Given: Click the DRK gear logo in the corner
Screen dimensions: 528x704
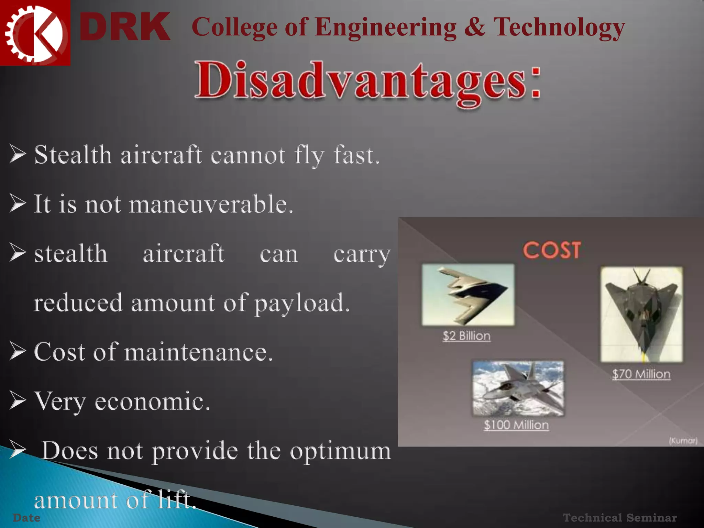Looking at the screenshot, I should (34, 33).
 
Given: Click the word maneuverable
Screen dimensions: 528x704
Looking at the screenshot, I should (211, 204).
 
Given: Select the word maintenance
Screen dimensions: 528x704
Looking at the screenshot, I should (199, 352).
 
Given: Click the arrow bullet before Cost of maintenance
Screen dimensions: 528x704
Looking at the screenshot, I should (18, 352).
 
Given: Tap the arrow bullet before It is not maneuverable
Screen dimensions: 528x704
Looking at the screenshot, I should (18, 203).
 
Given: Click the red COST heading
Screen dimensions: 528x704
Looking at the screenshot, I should (552, 250).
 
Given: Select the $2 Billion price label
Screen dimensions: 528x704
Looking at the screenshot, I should (466, 336).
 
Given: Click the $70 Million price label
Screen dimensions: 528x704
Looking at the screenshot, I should (641, 374).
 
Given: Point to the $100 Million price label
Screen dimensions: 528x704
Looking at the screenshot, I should (516, 425).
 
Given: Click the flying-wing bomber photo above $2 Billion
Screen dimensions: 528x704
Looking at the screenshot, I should (468, 295).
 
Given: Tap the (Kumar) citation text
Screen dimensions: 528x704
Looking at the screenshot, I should (683, 440).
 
